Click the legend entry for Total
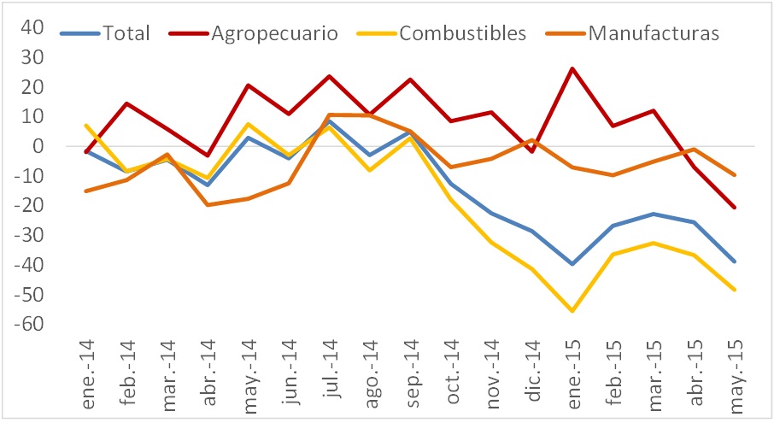(126, 34)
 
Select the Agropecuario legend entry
(273, 34)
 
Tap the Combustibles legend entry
(462, 34)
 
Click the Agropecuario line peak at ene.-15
(572, 68)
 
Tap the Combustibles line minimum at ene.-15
(572, 311)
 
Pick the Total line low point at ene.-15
(572, 264)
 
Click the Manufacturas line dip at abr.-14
(208, 204)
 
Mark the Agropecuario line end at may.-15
(735, 207)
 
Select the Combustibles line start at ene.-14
(85, 126)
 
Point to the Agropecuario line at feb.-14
(126, 103)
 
